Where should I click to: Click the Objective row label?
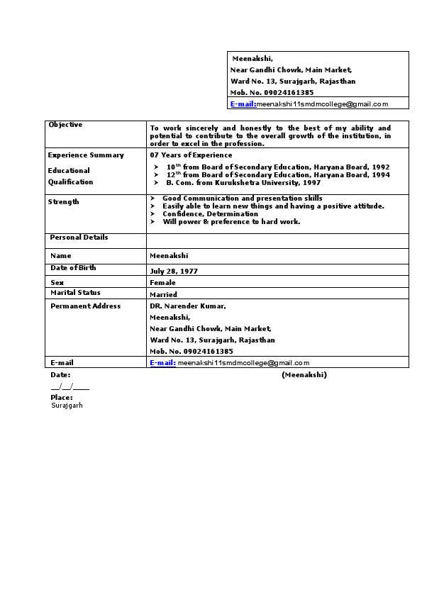65,125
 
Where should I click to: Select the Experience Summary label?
86,155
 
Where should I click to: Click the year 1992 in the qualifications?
381,167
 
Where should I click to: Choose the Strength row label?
63,202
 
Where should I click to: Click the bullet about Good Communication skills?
242,199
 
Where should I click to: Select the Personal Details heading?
79,238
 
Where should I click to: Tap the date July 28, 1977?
174,272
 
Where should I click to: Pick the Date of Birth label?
73,268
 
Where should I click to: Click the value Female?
162,283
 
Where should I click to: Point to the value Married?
163,294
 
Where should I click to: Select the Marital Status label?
75,293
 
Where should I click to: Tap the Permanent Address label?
85,306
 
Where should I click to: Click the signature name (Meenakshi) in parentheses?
304,374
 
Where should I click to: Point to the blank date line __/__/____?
70,387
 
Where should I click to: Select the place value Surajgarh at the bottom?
67,406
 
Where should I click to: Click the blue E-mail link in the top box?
243,104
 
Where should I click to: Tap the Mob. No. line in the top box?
272,93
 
